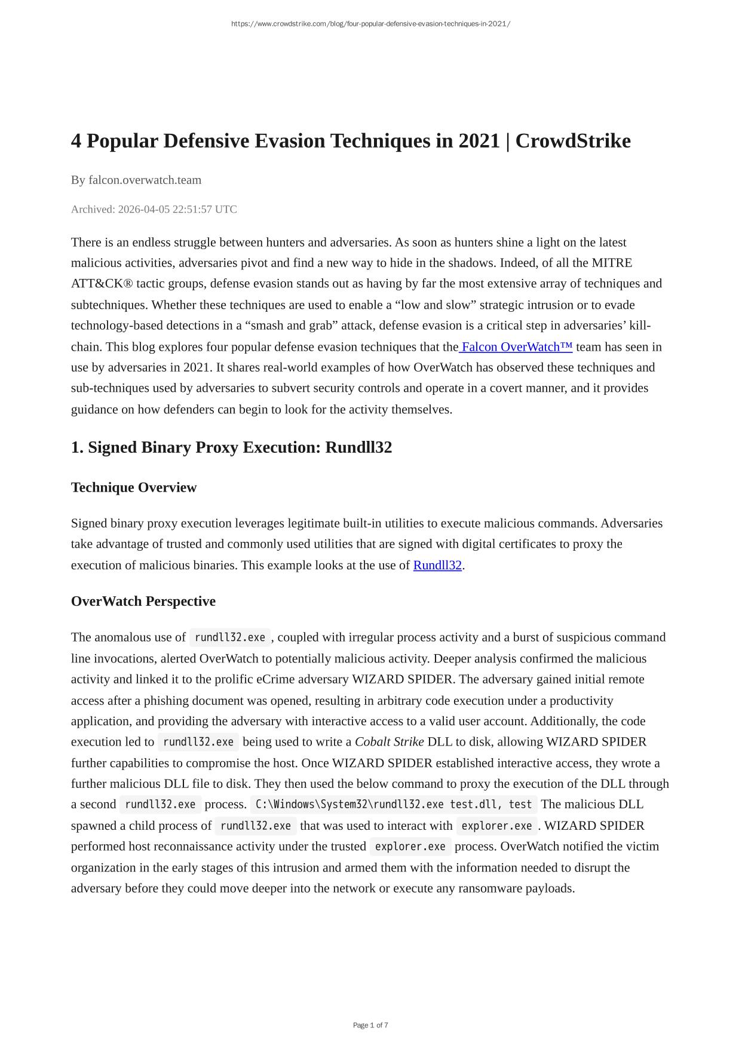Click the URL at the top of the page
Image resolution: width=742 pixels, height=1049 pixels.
click(x=370, y=24)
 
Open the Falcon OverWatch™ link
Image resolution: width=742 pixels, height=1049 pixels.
click(x=517, y=347)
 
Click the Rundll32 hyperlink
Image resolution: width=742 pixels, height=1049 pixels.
click(x=437, y=565)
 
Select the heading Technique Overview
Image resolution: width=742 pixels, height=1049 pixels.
click(x=134, y=487)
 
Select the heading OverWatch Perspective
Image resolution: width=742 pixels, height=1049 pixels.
click(x=143, y=601)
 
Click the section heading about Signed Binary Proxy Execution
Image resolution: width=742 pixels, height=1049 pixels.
click(x=231, y=447)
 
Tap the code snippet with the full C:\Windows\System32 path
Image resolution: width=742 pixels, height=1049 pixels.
click(x=394, y=805)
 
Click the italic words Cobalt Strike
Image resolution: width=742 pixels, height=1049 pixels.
click(x=389, y=742)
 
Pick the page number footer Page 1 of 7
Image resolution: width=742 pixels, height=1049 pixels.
click(x=370, y=1025)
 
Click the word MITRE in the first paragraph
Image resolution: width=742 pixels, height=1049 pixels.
click(x=612, y=263)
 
